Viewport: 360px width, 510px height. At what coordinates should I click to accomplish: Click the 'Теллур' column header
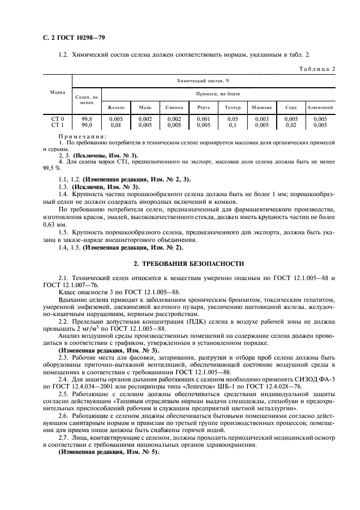point(233,107)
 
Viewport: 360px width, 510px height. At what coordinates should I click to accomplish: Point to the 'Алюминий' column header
point(320,107)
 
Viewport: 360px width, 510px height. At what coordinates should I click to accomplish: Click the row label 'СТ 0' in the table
point(58,119)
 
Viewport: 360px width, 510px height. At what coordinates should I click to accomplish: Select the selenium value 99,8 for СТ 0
point(87,119)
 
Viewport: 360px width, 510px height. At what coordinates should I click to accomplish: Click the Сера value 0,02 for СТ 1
point(291,125)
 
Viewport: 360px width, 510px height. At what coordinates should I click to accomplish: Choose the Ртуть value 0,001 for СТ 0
point(203,119)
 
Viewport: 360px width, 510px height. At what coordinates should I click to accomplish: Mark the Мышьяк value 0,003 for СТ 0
point(261,119)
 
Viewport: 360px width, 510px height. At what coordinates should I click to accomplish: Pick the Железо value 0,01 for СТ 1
point(116,125)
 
